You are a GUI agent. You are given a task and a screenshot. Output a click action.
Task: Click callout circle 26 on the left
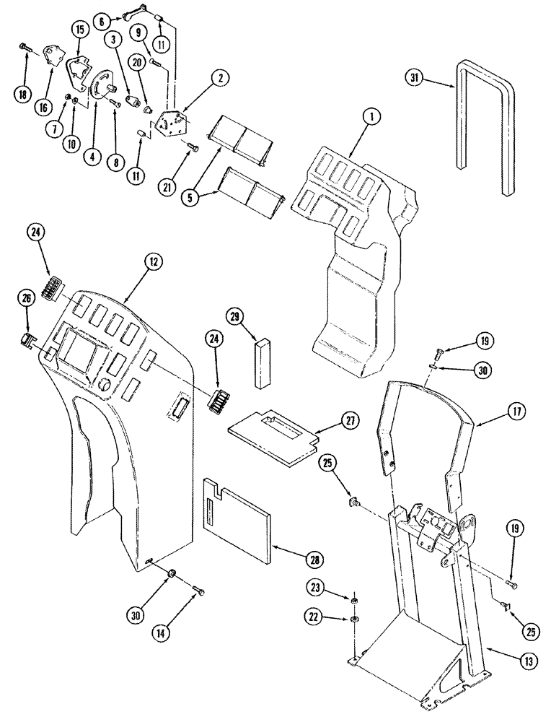point(25,299)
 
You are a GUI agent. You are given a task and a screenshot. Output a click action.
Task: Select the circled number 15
point(80,30)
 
